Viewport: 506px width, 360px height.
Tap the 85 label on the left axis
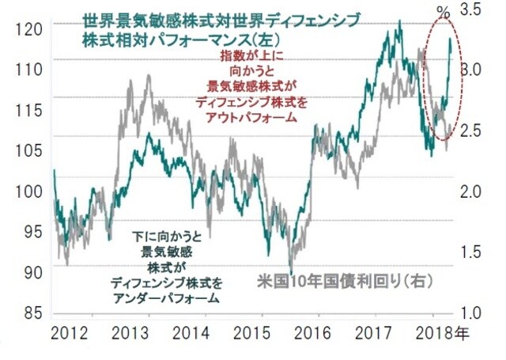28,313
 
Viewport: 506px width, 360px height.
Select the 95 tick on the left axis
28,232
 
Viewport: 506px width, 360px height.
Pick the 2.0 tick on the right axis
471,191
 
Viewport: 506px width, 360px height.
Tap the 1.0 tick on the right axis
471,313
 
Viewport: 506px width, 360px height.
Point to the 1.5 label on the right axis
471,252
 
